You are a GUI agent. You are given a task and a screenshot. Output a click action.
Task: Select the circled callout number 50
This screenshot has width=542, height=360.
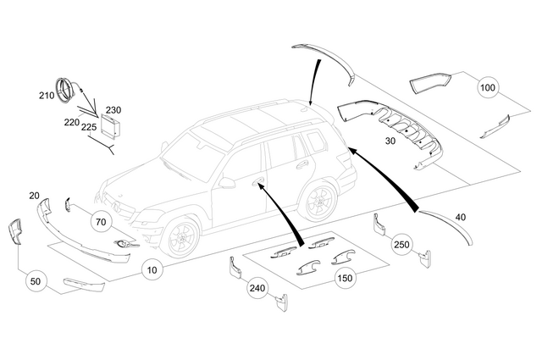pos(35,280)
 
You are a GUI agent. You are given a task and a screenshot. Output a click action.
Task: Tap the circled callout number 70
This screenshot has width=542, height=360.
pos(99,222)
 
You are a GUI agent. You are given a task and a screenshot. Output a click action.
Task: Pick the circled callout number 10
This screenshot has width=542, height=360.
pos(151,271)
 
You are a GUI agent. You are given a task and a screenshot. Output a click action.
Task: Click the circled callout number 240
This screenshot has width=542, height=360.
pos(257,288)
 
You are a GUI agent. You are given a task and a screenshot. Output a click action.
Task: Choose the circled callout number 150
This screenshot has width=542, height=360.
pos(345,278)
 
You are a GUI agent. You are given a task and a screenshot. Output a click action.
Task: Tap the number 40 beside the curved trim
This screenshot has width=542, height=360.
pos(461,218)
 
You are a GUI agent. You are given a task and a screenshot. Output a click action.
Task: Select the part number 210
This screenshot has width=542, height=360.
pos(46,96)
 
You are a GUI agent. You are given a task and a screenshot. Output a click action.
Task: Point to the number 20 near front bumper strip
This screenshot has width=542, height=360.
pos(34,196)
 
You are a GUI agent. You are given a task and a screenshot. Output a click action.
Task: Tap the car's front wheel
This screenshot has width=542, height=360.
pos(180,236)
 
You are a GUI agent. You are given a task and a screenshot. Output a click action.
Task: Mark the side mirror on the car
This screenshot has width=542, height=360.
pos(226,181)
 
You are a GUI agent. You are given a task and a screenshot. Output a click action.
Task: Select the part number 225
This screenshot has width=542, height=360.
pos(88,127)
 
